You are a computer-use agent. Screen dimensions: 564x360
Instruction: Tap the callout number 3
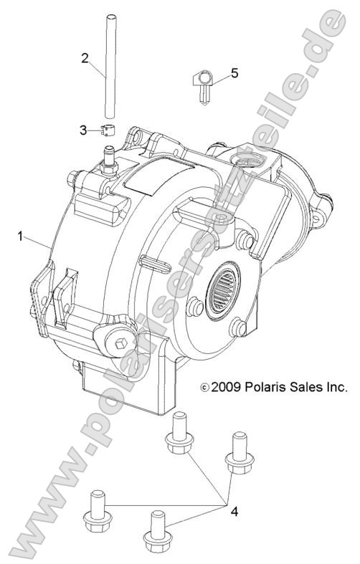pyautogui.click(x=84, y=130)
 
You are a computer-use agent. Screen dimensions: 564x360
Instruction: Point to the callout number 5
pyautogui.click(x=234, y=73)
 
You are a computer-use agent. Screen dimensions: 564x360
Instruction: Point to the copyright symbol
pyautogui.click(x=205, y=388)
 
